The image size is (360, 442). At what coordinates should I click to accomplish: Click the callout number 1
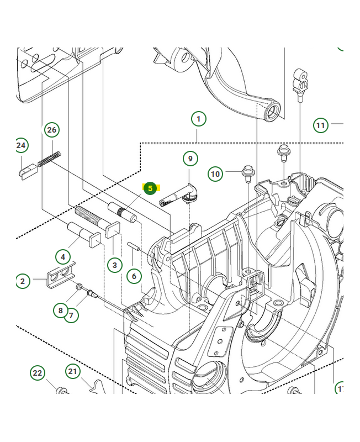coord(198,118)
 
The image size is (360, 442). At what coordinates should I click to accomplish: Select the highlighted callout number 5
coord(150,188)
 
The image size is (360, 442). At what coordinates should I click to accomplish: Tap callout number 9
coord(190,159)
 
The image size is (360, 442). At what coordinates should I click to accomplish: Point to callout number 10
coord(215,174)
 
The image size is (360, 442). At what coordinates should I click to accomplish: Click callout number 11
coord(321,125)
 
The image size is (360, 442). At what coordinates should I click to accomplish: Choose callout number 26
coord(51,130)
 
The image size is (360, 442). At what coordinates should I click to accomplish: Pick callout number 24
coord(21,146)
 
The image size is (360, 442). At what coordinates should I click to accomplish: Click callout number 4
coord(63,257)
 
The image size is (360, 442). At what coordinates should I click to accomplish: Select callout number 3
coord(114,265)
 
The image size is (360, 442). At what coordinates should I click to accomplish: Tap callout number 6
coord(134,275)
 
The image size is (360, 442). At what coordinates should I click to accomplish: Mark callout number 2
coord(23,281)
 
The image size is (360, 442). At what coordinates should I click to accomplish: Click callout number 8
coord(61,311)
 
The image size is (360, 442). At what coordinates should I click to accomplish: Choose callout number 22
coord(37,373)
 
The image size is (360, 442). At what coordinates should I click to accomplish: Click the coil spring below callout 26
coord(49,159)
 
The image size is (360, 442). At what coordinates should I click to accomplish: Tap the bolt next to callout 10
coord(247,172)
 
